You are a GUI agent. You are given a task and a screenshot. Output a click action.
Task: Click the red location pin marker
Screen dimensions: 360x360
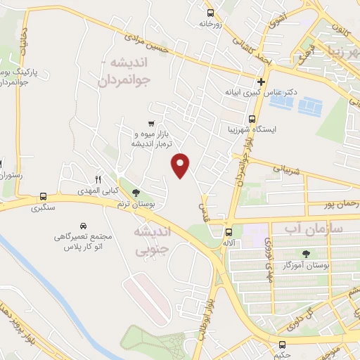181,165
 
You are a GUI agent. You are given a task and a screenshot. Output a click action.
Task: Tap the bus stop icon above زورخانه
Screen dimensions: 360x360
210,12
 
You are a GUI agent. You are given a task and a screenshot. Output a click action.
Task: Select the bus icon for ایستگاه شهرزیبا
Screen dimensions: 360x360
252,119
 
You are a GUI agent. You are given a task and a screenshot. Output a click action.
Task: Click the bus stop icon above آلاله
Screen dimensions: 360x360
229,231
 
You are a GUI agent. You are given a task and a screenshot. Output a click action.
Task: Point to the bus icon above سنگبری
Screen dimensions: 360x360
44,196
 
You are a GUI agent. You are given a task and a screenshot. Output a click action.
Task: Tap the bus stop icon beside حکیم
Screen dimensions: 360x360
283,344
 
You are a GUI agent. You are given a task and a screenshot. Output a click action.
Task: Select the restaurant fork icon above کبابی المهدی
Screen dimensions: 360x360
98,179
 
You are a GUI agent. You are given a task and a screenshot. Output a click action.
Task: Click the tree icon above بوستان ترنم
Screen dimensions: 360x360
136,193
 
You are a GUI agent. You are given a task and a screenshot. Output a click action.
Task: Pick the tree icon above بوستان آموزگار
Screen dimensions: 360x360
305,254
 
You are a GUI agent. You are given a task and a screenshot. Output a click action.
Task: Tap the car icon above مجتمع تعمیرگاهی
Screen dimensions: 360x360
84,226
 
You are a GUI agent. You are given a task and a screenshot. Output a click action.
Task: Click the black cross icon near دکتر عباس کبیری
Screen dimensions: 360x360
261,82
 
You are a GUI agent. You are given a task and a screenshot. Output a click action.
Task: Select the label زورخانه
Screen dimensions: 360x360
210,23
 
